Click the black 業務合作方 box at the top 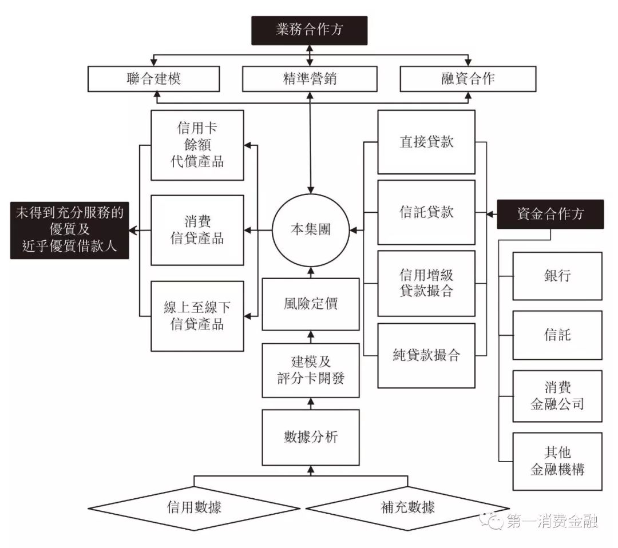click(309, 30)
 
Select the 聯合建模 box click(153, 79)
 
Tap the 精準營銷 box click(310, 79)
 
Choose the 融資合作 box click(468, 79)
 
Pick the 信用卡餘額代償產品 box click(197, 145)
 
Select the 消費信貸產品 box click(197, 231)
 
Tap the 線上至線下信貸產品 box click(197, 316)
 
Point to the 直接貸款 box click(426, 142)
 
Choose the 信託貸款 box click(426, 212)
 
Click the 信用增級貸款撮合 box click(426, 283)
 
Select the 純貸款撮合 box click(426, 355)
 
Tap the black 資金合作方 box click(550, 215)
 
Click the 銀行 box click(557, 276)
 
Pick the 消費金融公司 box click(557, 396)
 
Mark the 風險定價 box click(311, 304)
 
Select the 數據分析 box click(311, 437)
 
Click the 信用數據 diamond click(195, 507)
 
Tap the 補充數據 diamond click(407, 507)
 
